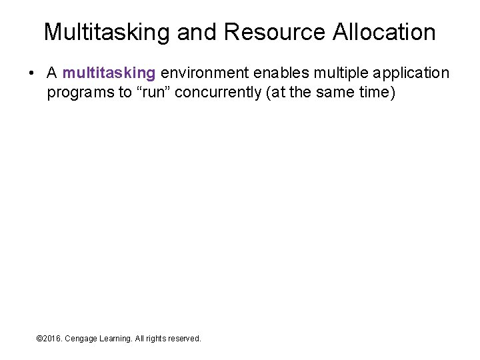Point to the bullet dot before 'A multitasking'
tap(33, 73)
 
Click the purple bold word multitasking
tap(109, 73)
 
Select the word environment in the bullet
tap(204, 73)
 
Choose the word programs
tap(80, 92)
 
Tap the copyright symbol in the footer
tap(39, 339)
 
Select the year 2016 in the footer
tap(53, 339)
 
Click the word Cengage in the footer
tap(83, 339)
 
